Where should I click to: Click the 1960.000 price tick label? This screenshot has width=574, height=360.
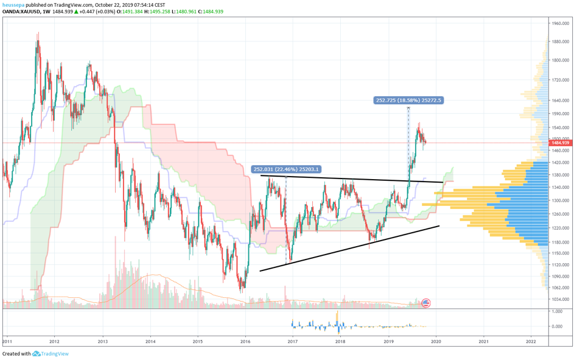[560, 23]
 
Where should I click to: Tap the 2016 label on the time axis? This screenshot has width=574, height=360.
[245, 341]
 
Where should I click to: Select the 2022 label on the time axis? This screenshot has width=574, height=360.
[531, 341]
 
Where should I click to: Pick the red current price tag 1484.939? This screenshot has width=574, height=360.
[560, 143]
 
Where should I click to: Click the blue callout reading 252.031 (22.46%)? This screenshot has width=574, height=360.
[286, 169]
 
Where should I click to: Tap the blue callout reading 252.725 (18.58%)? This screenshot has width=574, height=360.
[408, 101]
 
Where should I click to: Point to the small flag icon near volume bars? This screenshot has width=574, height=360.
[426, 303]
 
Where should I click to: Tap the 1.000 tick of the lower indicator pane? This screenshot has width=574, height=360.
[556, 311]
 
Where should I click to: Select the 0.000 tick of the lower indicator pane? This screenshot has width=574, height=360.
[556, 326]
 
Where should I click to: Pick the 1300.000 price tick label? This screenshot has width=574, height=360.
[560, 200]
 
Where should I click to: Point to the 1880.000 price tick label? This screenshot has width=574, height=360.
[560, 42]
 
